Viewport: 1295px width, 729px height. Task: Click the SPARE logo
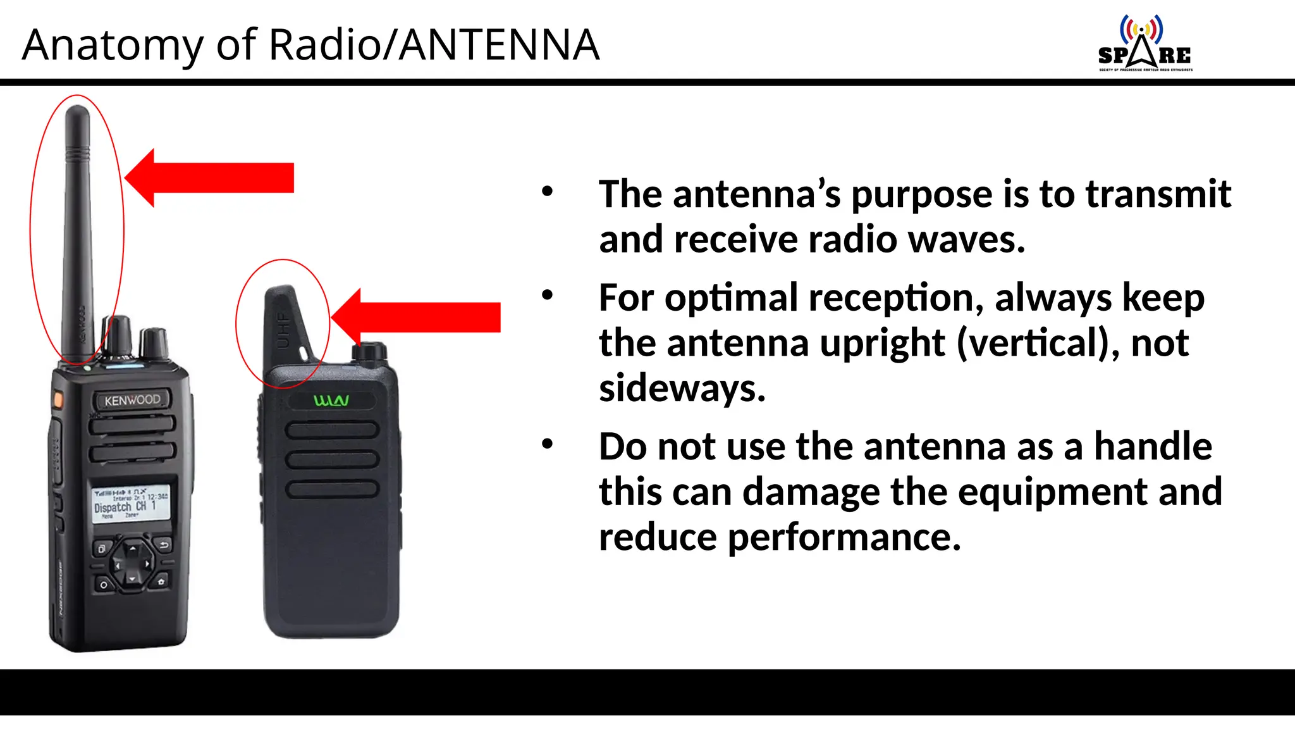[x=1145, y=44]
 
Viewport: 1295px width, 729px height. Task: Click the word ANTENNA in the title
[x=500, y=45]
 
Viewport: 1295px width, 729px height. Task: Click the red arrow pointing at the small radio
[x=417, y=317]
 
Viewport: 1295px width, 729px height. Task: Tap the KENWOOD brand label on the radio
[x=132, y=400]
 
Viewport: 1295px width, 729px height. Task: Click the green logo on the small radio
[x=331, y=401]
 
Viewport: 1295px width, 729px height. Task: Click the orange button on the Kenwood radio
[x=58, y=400]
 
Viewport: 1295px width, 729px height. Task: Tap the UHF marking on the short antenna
[x=283, y=329]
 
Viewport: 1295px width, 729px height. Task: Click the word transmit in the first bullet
[x=1158, y=194]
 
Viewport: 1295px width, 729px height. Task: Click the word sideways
[x=682, y=388]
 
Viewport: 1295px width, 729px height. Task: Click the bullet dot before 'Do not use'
[x=548, y=444]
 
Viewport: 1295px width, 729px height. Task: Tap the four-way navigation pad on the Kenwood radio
[x=132, y=563]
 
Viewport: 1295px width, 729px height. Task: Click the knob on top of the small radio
[x=370, y=352]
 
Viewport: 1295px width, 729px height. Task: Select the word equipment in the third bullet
[x=1052, y=492]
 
